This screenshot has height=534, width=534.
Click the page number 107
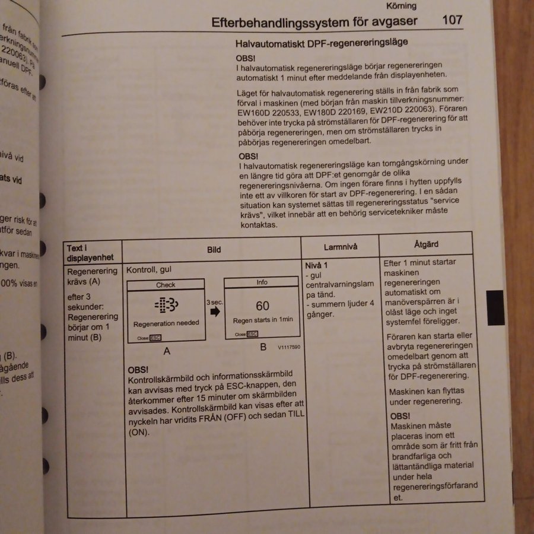pyautogui.click(x=452, y=20)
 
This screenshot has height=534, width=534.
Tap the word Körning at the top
pyautogui.click(x=401, y=6)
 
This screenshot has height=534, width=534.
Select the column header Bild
pyautogui.click(x=214, y=250)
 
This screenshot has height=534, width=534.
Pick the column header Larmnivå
pyautogui.click(x=341, y=247)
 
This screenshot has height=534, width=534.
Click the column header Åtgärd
pyautogui.click(x=425, y=244)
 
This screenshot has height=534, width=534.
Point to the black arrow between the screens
pyautogui.click(x=215, y=311)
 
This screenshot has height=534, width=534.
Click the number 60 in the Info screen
pyautogui.click(x=262, y=306)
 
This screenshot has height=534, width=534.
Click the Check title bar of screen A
pyautogui.click(x=166, y=285)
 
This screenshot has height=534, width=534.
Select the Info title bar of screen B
pyautogui.click(x=262, y=282)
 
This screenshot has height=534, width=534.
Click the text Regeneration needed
pyautogui.click(x=166, y=324)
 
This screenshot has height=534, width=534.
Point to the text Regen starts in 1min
pyautogui.click(x=262, y=320)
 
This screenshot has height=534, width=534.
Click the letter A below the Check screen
pyautogui.click(x=167, y=351)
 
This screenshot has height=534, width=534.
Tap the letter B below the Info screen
pyautogui.click(x=263, y=347)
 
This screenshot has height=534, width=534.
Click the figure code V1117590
pyautogui.click(x=289, y=348)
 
